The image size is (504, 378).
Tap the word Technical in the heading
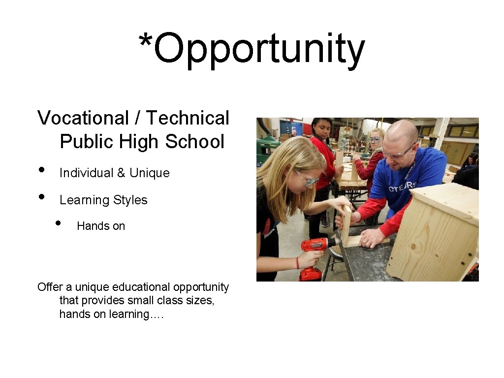(188, 118)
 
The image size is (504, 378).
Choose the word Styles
(130, 200)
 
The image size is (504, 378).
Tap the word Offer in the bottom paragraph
(49, 287)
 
